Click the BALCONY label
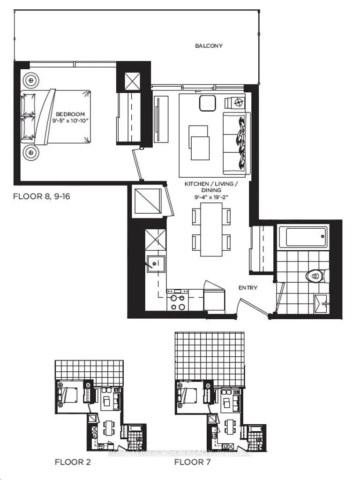pyautogui.click(x=209, y=46)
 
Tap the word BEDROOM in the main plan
pyautogui.click(x=70, y=114)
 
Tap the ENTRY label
pyautogui.click(x=247, y=287)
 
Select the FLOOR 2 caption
pyautogui.click(x=72, y=463)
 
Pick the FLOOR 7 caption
pyautogui.click(x=192, y=463)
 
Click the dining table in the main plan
pyautogui.click(x=211, y=229)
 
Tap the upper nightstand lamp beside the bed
pyautogui.click(x=31, y=80)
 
